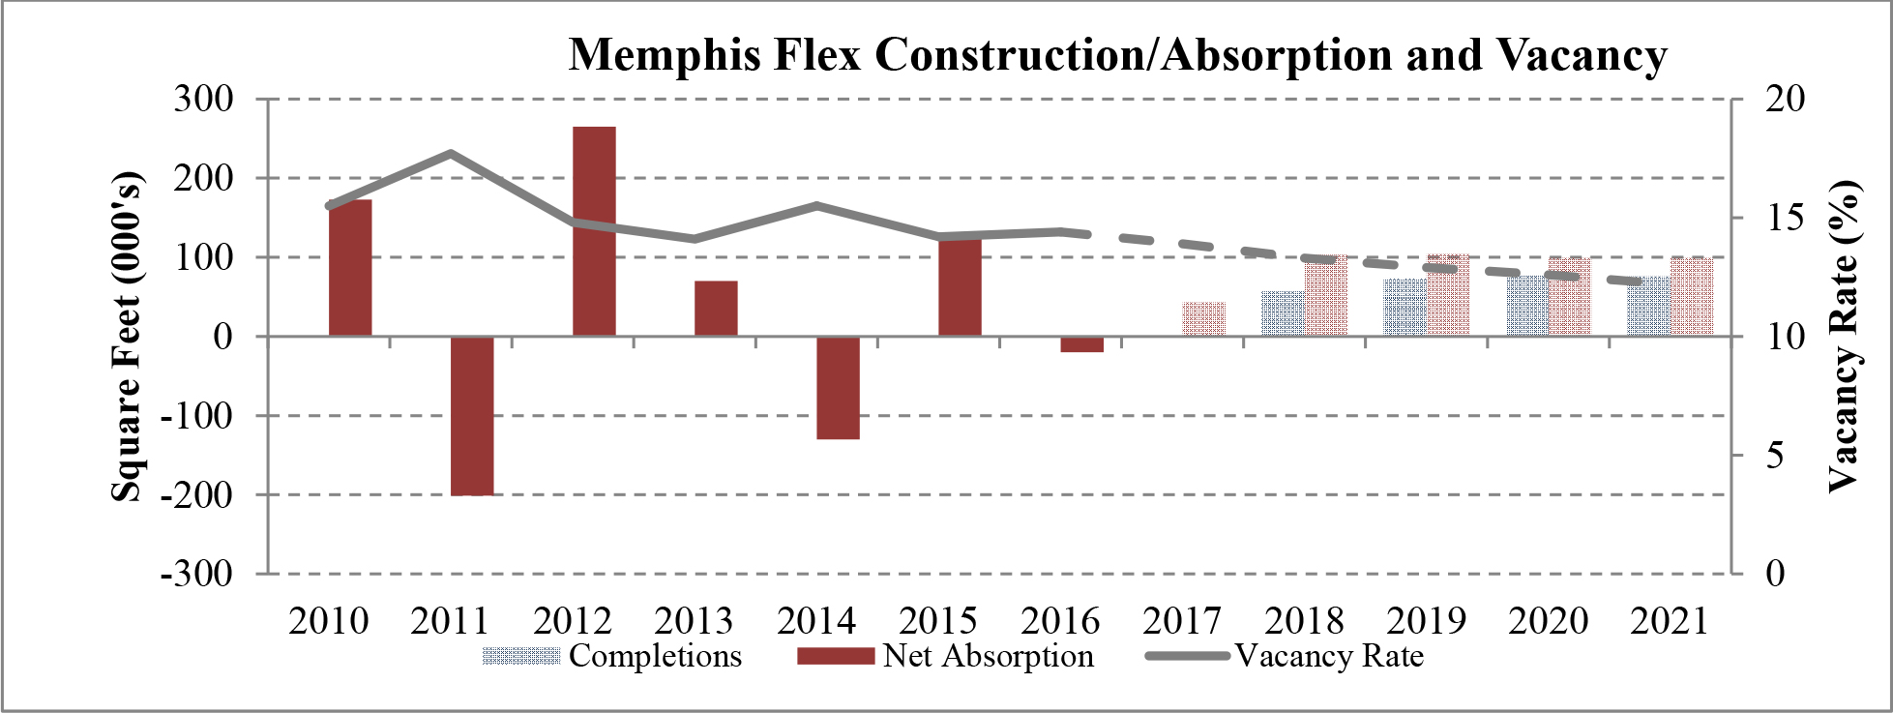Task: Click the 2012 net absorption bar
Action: (594, 231)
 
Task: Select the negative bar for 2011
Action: (472, 415)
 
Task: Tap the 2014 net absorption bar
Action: (838, 387)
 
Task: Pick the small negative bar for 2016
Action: (1081, 344)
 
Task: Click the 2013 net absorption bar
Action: (716, 308)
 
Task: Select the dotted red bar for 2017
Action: (1203, 319)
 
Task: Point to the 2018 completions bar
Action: (1282, 313)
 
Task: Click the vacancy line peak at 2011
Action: (451, 153)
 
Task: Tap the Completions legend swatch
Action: (520, 657)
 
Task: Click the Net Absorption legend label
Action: (988, 656)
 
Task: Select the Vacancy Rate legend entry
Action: (1328, 656)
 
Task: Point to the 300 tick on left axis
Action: (203, 99)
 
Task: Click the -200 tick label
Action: (197, 494)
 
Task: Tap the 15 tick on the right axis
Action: (1784, 218)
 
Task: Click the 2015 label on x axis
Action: (938, 621)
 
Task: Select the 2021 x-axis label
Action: (1670, 621)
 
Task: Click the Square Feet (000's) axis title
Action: (127, 336)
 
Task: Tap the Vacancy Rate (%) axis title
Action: (1844, 336)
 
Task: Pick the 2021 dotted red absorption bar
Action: (1692, 296)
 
